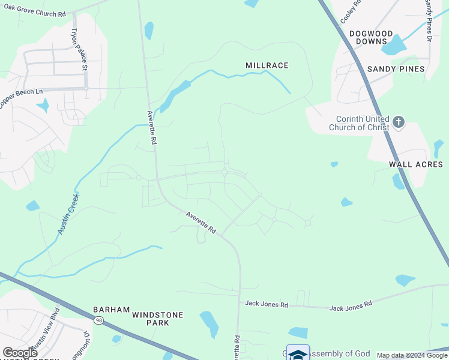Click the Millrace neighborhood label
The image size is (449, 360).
click(x=267, y=65)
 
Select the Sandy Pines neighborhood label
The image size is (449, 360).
click(x=397, y=69)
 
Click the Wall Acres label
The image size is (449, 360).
click(x=416, y=164)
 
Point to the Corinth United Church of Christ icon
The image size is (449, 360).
click(x=398, y=123)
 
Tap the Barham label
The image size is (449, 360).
click(x=111, y=310)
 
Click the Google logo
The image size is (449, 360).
click(x=20, y=353)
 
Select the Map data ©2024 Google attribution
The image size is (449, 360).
click(x=412, y=355)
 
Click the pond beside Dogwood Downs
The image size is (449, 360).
click(x=395, y=44)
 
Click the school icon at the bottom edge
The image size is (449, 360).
click(x=298, y=353)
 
